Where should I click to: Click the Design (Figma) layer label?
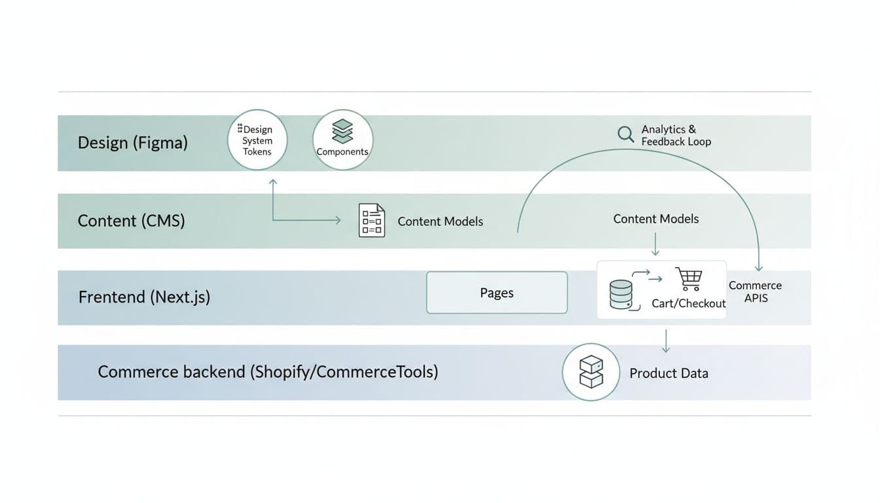tap(132, 143)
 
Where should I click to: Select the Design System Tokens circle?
tap(257, 140)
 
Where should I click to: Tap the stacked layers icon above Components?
tap(342, 131)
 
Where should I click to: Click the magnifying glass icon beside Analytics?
tap(626, 134)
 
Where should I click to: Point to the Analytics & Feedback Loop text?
tap(675, 136)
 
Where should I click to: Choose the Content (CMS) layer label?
tap(131, 221)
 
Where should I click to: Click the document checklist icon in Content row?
tap(372, 220)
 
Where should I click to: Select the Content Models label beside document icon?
tap(440, 221)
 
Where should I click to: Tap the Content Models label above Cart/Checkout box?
tap(655, 219)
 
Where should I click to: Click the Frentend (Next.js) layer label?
tap(144, 297)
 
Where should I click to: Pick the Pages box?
tap(496, 293)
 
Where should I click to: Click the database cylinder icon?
tap(621, 294)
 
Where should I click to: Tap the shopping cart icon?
tap(688, 279)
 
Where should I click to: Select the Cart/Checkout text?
tap(688, 303)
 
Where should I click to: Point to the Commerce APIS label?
tap(755, 291)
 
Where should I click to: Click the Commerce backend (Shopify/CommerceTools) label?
tap(268, 372)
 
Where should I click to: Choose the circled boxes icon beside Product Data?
tap(591, 372)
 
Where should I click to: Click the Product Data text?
tap(669, 373)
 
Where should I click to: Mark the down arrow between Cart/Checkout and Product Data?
tap(665, 341)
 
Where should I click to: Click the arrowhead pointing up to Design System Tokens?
tap(273, 181)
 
